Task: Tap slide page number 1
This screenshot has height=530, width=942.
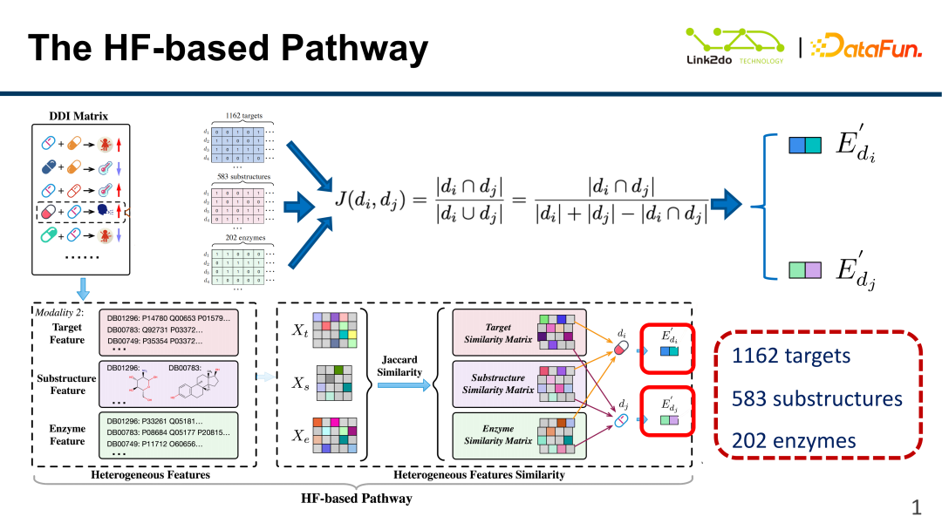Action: click(917, 506)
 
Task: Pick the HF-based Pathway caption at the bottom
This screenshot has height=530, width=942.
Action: click(357, 499)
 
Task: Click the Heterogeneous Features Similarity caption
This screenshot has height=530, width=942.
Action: click(479, 475)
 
